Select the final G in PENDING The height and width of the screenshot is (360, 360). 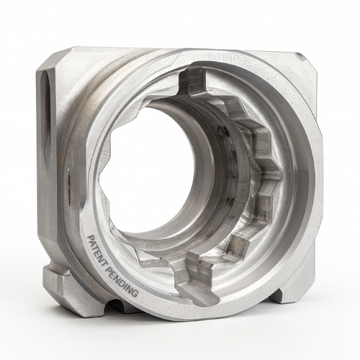click(135, 294)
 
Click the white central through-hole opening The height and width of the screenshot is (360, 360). click(153, 168)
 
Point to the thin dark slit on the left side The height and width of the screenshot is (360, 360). click(69, 187)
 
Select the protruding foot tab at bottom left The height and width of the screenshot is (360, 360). click(55, 278)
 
